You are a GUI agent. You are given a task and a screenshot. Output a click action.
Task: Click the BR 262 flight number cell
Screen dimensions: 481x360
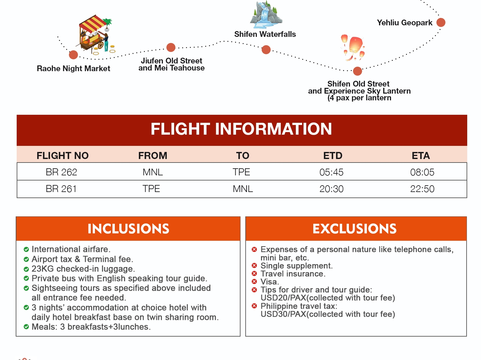point(61,172)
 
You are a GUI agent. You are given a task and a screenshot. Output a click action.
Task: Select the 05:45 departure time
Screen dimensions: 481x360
point(331,172)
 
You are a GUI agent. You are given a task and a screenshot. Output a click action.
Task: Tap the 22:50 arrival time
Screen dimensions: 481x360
point(422,189)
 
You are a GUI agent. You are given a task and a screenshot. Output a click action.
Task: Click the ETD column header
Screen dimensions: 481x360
point(333,156)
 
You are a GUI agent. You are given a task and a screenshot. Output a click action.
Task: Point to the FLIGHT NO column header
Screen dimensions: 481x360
point(63,156)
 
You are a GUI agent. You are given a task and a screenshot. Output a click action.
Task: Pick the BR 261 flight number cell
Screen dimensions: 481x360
point(61,189)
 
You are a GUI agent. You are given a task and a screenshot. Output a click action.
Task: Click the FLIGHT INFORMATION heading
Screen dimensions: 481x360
point(241,129)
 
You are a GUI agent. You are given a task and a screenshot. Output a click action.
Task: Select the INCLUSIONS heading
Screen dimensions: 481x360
point(128,229)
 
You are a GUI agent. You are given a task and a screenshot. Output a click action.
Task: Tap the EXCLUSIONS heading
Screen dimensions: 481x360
point(355,229)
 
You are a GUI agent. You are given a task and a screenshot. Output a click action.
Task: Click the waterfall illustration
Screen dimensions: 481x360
point(266,15)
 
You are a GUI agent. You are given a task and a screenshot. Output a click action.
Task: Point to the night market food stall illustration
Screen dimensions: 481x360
point(96,35)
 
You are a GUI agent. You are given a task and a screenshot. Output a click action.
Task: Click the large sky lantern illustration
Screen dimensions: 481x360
point(355,46)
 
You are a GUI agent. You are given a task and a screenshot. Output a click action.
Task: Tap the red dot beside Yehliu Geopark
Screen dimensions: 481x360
point(441,22)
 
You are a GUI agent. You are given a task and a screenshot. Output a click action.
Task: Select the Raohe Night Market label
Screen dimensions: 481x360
point(73,69)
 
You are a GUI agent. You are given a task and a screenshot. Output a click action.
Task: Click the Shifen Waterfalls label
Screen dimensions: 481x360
point(265,34)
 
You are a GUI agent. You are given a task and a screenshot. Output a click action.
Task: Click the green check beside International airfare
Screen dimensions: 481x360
point(26,249)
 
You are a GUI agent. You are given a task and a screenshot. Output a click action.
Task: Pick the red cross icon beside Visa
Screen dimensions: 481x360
point(254,281)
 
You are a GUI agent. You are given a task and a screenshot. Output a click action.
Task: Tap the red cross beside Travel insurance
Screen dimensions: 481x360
point(254,274)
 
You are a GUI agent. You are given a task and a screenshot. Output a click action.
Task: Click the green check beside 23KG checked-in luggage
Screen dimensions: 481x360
point(26,269)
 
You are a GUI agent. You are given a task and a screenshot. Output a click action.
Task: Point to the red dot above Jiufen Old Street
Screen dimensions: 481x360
point(171,47)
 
